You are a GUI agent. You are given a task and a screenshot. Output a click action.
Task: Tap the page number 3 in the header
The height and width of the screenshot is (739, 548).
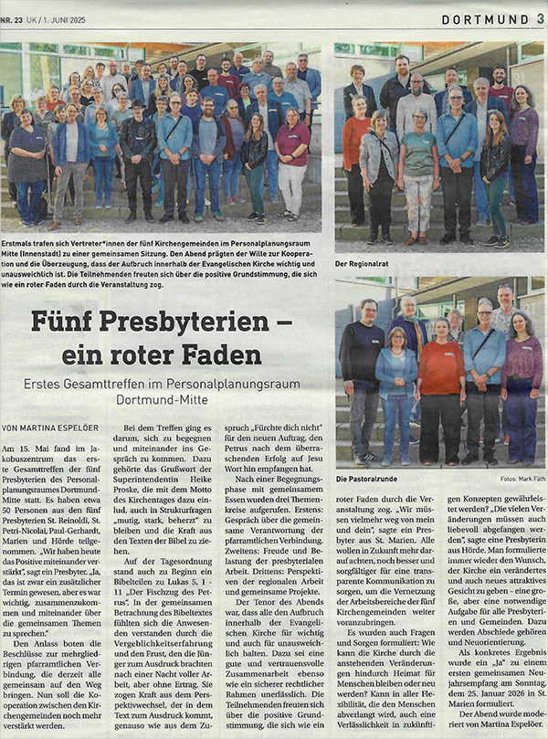tap(541, 19)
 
